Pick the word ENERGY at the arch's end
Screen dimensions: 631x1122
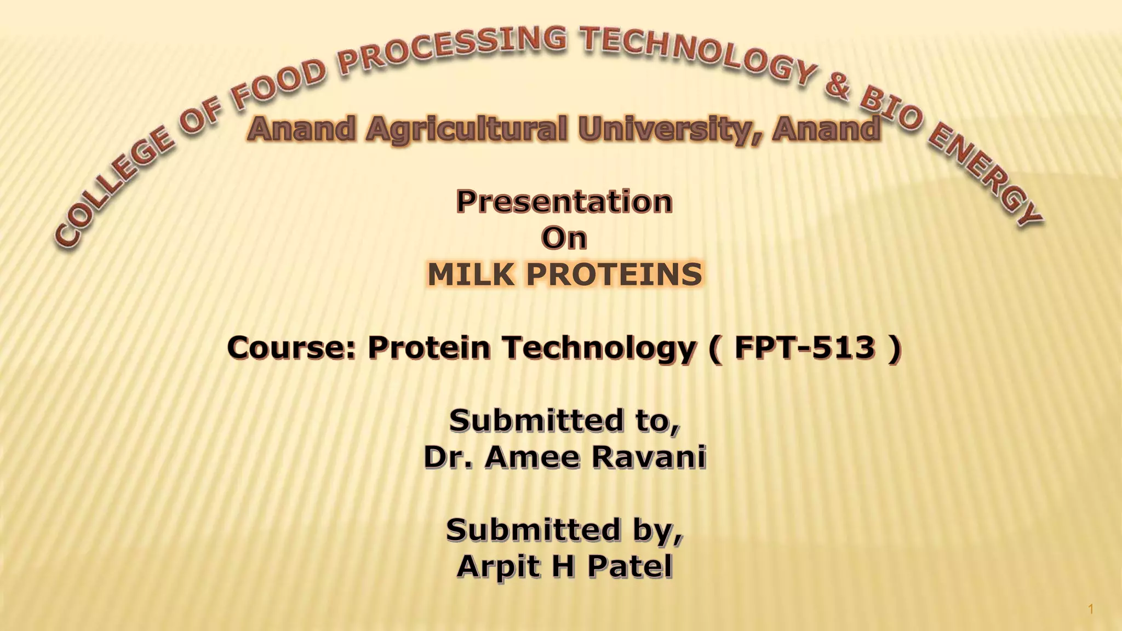tap(986, 175)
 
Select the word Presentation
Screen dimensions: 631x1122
tap(564, 201)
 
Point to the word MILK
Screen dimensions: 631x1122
tap(471, 274)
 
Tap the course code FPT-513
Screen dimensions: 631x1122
tap(805, 347)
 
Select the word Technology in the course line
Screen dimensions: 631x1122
tap(598, 347)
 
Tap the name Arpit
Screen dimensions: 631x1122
tap(496, 566)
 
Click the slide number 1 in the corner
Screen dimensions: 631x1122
tap(1091, 609)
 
